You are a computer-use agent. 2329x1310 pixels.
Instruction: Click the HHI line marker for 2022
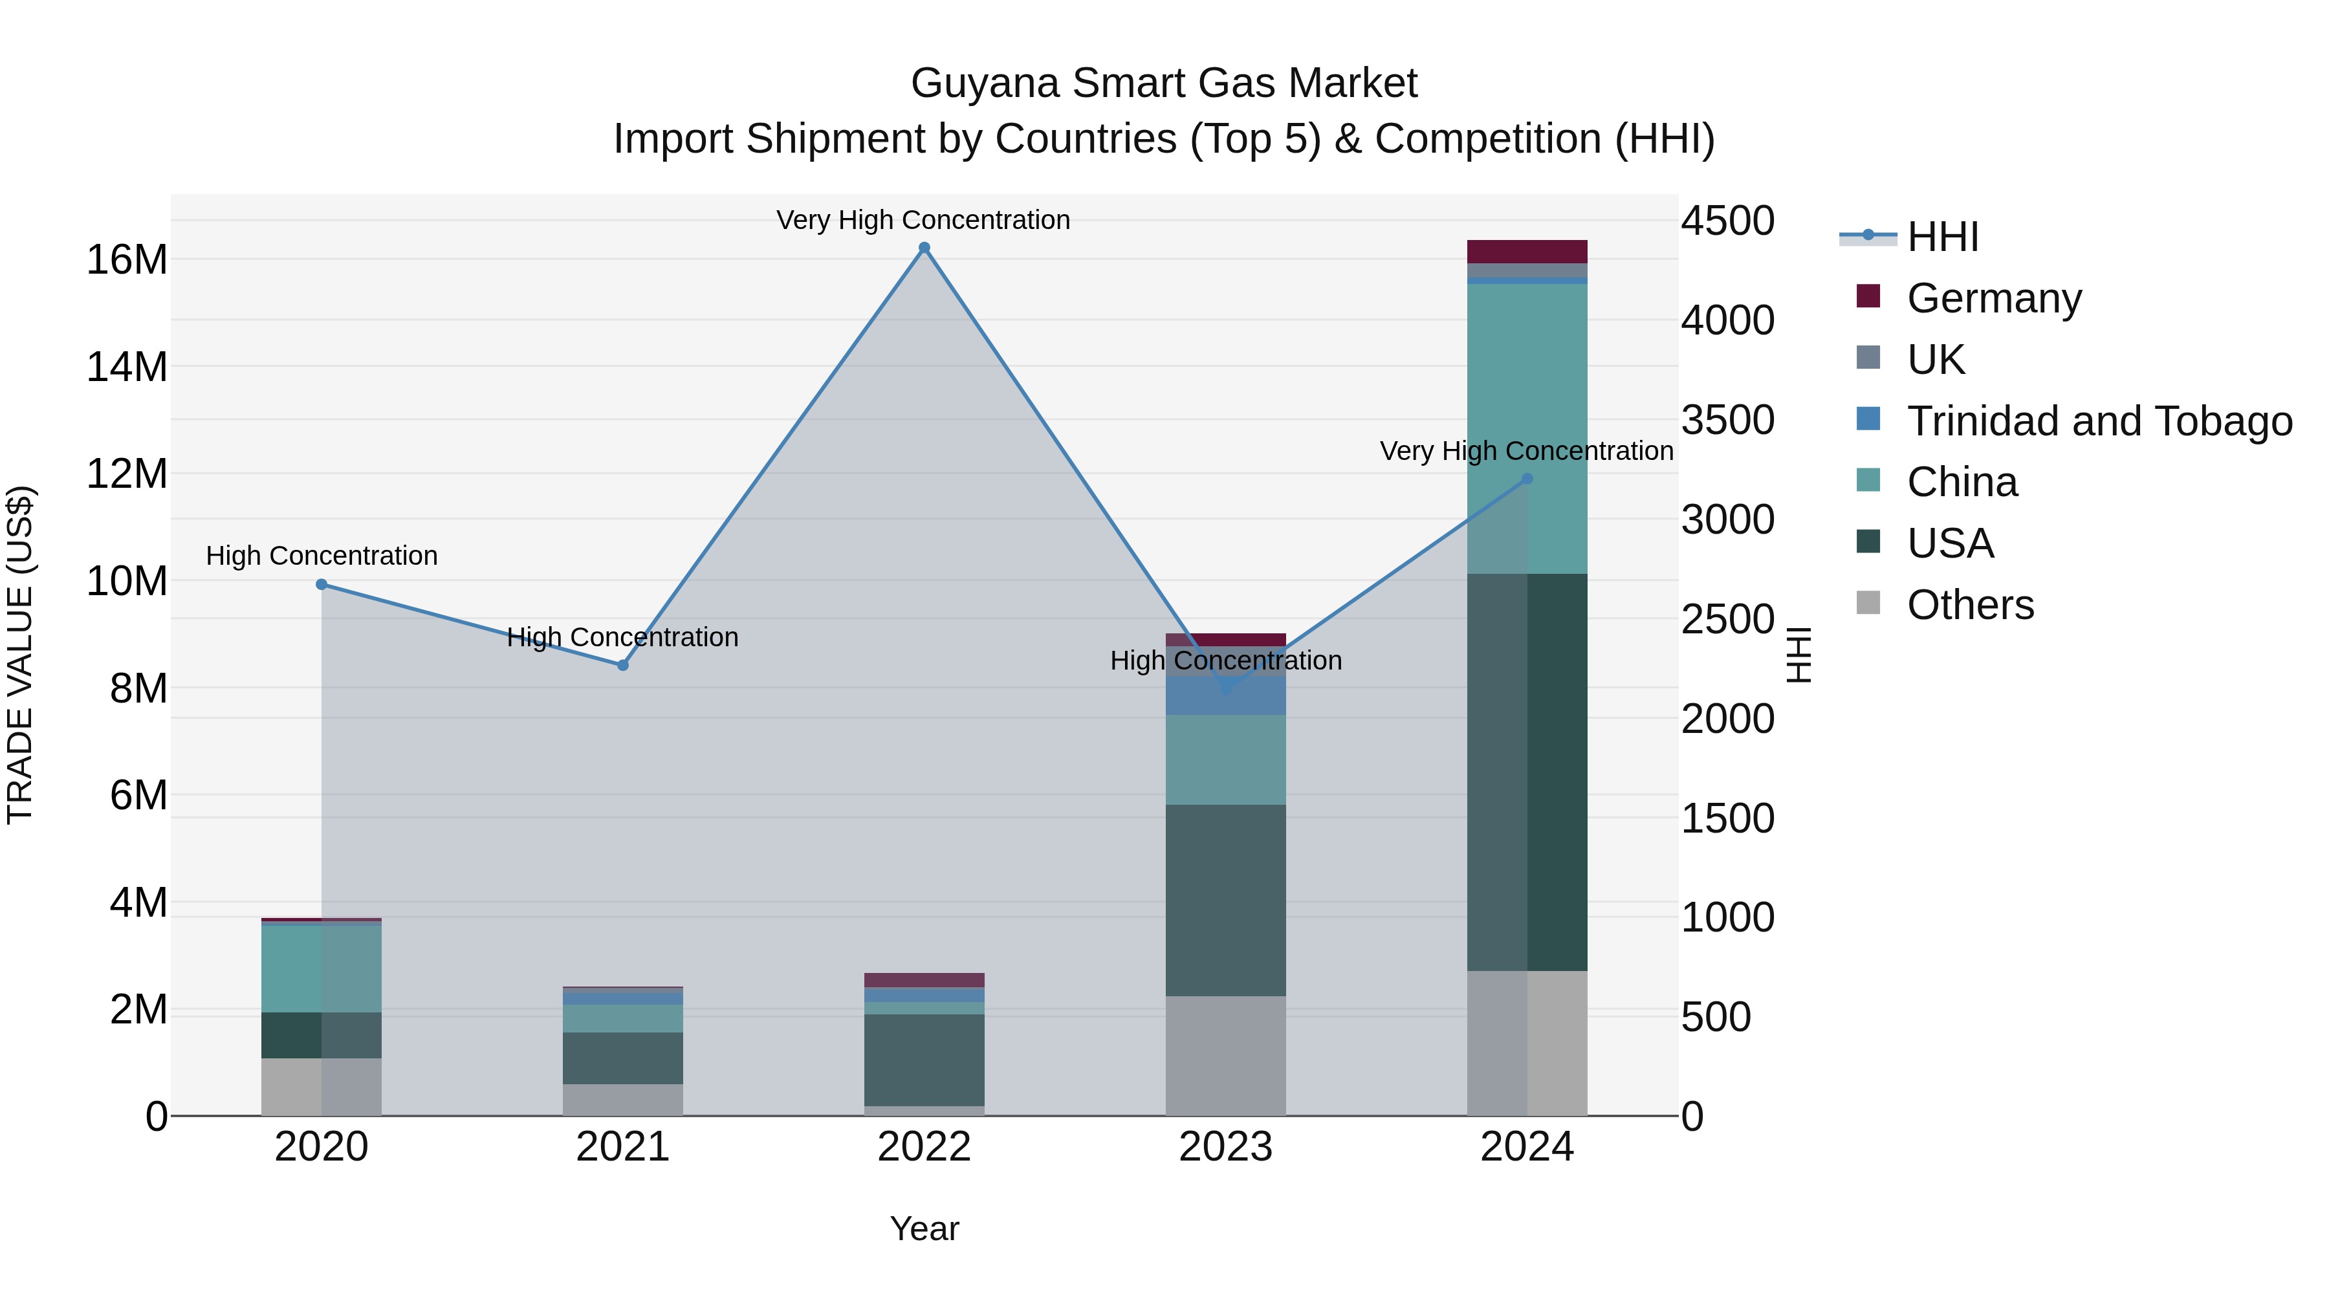[x=924, y=248]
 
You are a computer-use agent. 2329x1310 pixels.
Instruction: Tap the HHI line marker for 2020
[x=321, y=584]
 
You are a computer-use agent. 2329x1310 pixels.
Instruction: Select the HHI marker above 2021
[x=623, y=666]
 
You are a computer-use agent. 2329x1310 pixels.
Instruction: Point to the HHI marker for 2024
[x=1527, y=479]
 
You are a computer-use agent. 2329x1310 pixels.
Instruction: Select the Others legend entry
[x=1969, y=605]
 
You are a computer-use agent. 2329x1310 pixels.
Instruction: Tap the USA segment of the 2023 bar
[x=1225, y=900]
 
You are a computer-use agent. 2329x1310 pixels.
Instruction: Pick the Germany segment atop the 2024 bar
[x=1527, y=252]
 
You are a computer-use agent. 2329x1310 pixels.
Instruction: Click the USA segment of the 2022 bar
[x=924, y=1060]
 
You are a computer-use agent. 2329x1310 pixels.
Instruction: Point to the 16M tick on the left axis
[x=127, y=260]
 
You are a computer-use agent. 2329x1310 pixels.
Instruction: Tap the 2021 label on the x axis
[x=623, y=1147]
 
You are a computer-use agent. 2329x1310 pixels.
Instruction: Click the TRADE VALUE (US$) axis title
[x=20, y=655]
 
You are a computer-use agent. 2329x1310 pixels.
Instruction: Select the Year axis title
[x=924, y=1228]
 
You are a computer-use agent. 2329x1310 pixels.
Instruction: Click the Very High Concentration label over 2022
[x=923, y=220]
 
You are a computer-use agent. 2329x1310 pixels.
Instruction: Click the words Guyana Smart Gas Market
[x=1164, y=83]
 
